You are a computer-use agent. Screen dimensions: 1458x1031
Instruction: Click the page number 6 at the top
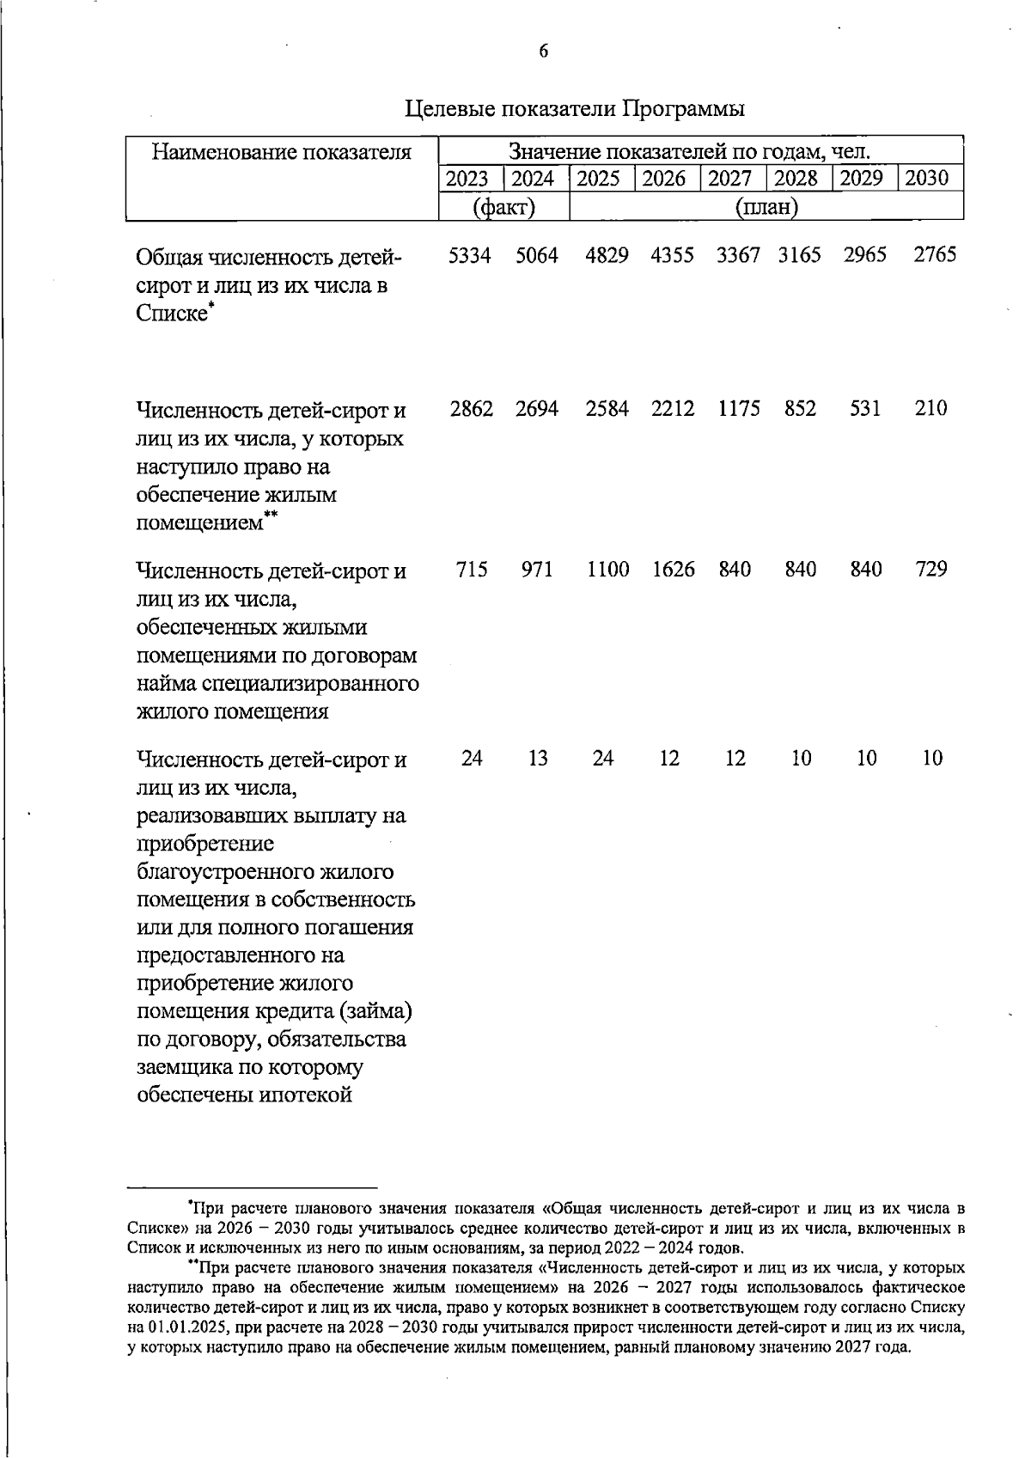[x=543, y=52]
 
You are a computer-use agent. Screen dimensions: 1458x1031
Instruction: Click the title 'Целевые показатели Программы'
[x=575, y=110]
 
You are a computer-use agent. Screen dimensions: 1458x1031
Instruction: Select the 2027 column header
[x=733, y=179]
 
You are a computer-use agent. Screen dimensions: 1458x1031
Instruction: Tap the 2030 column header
[x=929, y=179]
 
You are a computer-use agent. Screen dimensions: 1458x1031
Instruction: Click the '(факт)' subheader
[x=504, y=207]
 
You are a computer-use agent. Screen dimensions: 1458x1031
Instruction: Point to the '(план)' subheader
[x=766, y=207]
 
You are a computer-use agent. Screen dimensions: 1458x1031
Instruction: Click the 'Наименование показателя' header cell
[x=282, y=153]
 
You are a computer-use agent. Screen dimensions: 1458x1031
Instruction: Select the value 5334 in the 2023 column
[x=470, y=255]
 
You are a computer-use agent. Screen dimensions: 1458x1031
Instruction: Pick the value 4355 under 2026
[x=672, y=255]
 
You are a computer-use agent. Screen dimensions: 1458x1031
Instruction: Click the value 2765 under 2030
[x=934, y=255]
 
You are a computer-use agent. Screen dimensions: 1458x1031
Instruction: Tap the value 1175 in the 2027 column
[x=739, y=409]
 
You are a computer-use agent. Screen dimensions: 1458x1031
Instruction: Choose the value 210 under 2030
[x=931, y=409]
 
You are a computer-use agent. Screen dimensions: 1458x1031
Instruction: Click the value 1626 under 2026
[x=673, y=570]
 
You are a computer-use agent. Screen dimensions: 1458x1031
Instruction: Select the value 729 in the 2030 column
[x=931, y=570]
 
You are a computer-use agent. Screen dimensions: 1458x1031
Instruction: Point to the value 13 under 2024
[x=538, y=759]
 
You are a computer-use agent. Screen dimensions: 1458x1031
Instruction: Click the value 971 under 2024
[x=537, y=570]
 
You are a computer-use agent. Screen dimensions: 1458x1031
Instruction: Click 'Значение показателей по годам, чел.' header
[x=690, y=153]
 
